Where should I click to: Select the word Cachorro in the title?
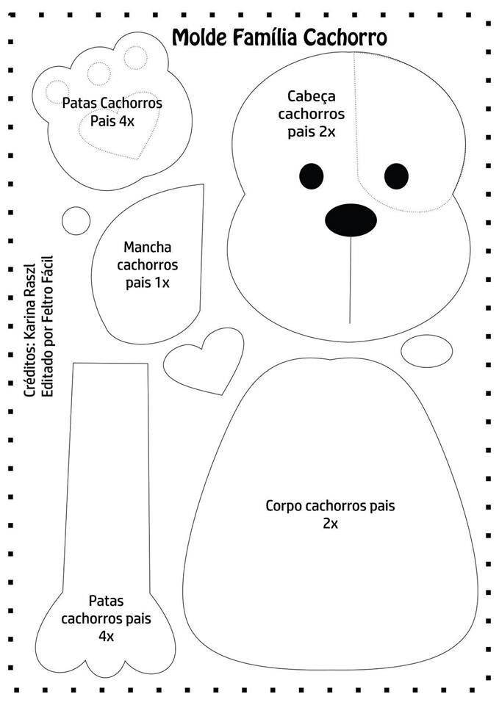coord(345,37)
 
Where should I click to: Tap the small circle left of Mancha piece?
coord(75,218)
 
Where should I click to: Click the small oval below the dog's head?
coord(427,350)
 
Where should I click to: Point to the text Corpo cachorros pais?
coord(330,506)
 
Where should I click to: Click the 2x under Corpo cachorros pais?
coord(329,524)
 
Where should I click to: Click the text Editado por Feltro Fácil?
coord(49,328)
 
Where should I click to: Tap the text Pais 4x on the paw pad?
coord(112,120)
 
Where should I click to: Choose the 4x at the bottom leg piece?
coord(106,636)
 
